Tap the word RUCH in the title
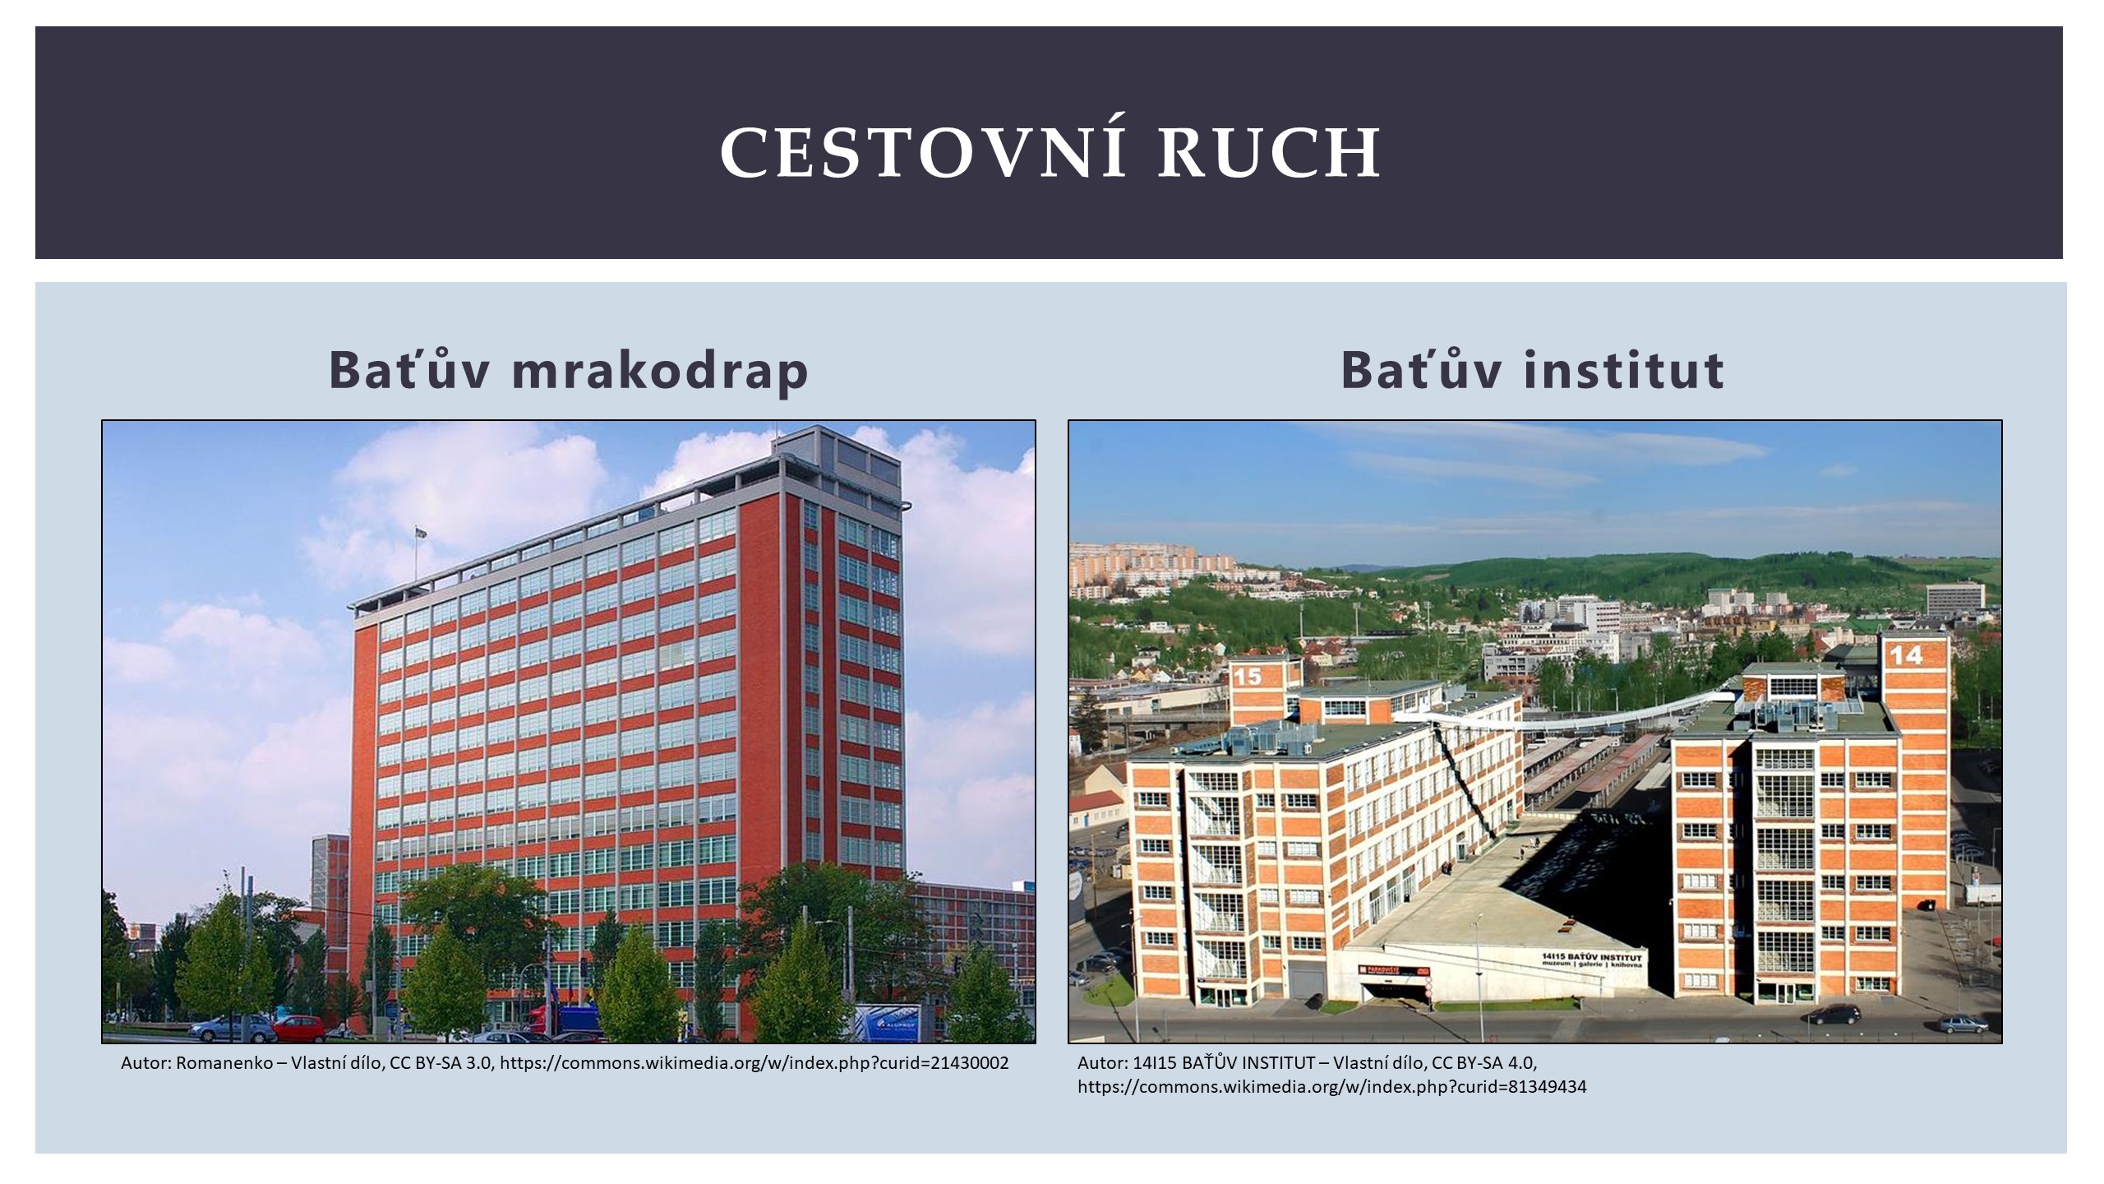click(x=1270, y=152)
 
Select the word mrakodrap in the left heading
click(x=660, y=371)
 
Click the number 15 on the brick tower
click(x=1247, y=677)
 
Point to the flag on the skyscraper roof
click(x=421, y=532)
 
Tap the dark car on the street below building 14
click(x=1833, y=1014)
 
